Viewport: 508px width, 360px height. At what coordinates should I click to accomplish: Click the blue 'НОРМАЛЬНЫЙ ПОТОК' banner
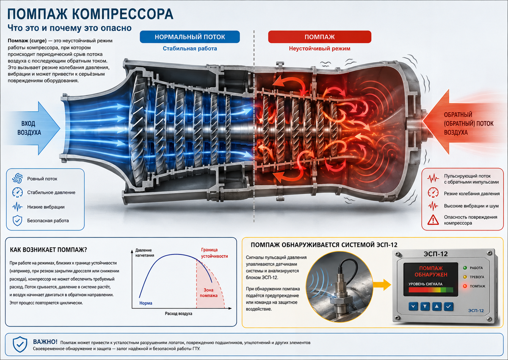(190, 37)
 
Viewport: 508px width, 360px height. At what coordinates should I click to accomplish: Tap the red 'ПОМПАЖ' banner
(320, 37)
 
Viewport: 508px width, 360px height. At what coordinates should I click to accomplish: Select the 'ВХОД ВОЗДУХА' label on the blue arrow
(29, 128)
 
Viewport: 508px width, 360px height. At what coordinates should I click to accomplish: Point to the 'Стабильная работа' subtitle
(190, 49)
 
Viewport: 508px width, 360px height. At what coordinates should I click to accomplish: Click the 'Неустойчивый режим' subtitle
(320, 49)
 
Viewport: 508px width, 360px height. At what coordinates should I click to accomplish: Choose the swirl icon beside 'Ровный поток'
(17, 178)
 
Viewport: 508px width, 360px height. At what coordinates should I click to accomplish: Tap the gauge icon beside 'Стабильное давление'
(17, 192)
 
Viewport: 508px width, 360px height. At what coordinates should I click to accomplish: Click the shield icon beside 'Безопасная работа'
(17, 221)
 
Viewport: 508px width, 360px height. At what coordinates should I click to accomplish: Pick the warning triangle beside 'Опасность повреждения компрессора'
(433, 220)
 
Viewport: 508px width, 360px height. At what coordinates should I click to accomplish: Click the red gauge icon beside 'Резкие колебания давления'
(433, 193)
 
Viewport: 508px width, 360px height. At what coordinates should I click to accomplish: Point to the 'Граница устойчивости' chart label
(214, 253)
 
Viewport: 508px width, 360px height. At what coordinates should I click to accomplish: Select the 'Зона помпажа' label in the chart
(209, 293)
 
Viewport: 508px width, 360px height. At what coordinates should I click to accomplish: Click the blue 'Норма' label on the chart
(146, 303)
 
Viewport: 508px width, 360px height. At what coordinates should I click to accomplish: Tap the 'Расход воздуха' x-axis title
(179, 313)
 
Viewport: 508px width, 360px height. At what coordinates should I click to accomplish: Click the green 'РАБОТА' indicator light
(465, 268)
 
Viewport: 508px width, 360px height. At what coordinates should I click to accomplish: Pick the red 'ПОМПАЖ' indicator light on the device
(465, 286)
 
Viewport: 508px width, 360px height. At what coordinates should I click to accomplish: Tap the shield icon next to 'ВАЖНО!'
(20, 344)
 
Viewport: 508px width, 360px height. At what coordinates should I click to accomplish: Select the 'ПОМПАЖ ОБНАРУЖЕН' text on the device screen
(431, 271)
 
